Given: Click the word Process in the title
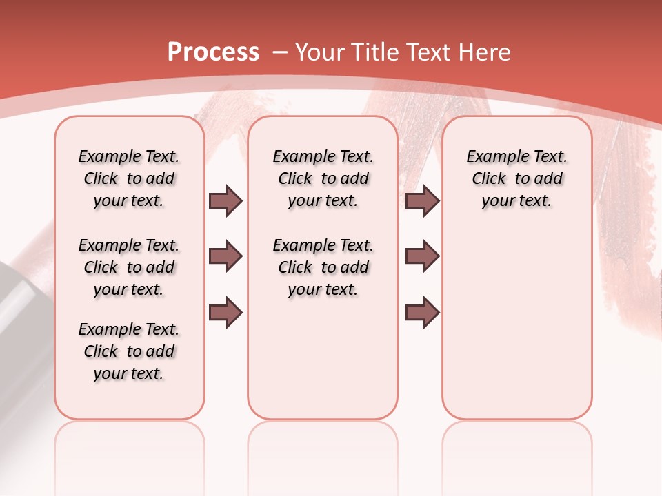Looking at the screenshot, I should coord(213,52).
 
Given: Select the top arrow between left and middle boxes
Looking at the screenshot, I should coord(225,201).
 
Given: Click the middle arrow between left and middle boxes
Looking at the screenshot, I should coord(225,257).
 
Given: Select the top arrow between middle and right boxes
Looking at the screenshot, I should coord(422,201).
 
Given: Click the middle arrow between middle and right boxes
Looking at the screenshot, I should coord(422,257).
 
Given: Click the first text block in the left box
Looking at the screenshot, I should coord(129,178).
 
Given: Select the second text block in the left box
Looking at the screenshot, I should coord(129,267).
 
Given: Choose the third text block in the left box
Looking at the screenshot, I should coord(129,351).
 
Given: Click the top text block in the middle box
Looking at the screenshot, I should coord(323,178).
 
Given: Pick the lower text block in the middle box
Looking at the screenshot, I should coord(323,267).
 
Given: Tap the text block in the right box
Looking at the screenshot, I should coord(516,178).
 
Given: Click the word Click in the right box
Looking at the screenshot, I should coord(489,179).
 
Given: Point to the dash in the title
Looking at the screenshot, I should coord(279,52).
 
